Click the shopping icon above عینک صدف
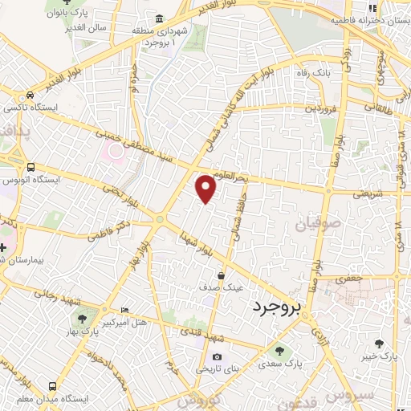click(220, 275)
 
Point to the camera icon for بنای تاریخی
click(216, 356)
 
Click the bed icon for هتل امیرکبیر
click(124, 311)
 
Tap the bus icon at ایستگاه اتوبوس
click(31, 167)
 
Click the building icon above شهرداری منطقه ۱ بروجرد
click(161, 19)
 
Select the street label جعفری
click(351, 278)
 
